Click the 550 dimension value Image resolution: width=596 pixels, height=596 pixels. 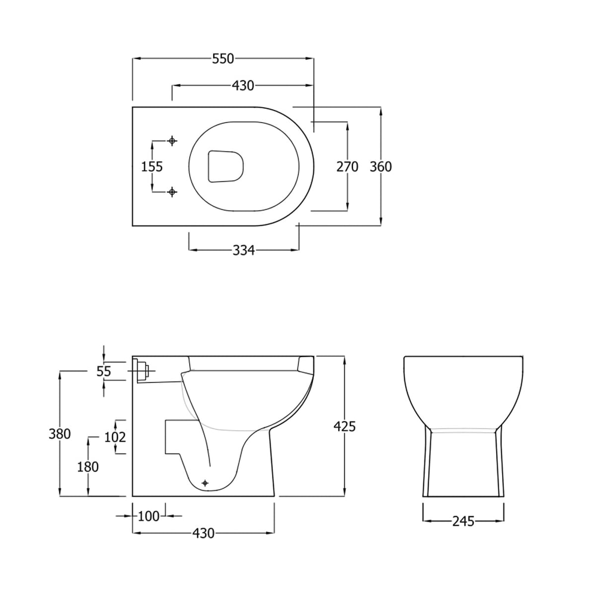click(x=223, y=59)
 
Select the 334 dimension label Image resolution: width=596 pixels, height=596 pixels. click(x=244, y=250)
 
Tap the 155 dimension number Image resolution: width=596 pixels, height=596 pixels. click(x=152, y=167)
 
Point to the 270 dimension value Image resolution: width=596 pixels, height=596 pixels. click(x=347, y=167)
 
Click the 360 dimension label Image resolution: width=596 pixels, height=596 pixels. click(x=381, y=167)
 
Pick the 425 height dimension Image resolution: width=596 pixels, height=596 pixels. click(x=345, y=427)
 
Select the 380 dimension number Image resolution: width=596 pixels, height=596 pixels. click(x=60, y=434)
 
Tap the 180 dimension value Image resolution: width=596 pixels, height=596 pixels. click(x=88, y=467)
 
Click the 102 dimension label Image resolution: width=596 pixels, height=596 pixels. click(x=115, y=437)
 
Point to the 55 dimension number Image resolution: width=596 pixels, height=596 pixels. click(x=104, y=371)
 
